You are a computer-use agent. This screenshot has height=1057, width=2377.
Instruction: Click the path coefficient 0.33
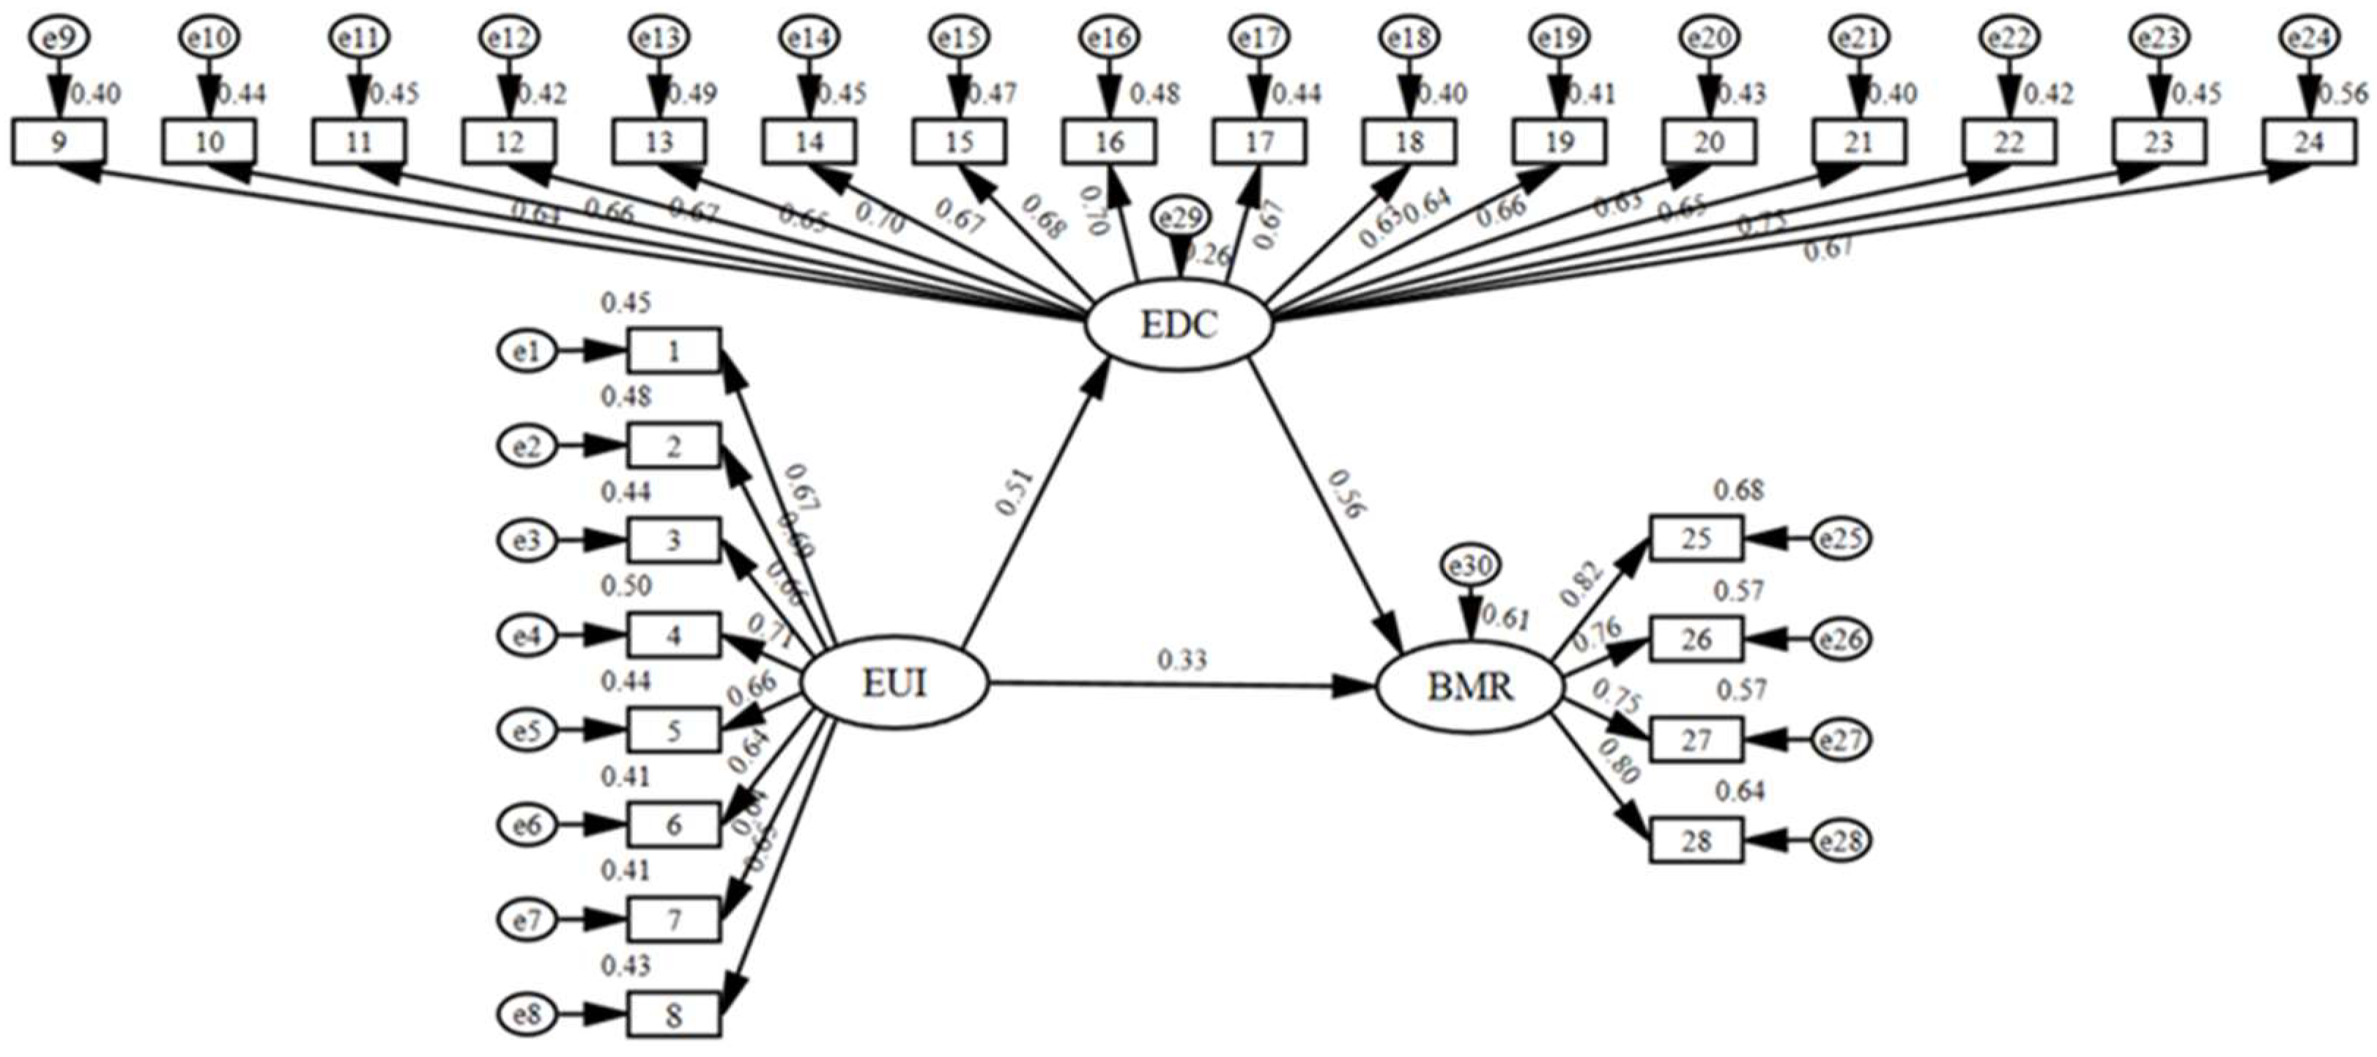coord(1182,661)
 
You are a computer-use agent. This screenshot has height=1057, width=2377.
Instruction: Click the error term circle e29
coord(1181,218)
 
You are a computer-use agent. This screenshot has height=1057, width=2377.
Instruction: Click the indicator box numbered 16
coord(1108,142)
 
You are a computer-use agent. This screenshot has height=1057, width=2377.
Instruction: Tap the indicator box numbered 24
coord(2308,142)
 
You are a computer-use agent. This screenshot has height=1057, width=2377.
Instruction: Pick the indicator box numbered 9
coord(58,142)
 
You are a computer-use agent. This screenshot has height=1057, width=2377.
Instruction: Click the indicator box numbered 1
coord(674,351)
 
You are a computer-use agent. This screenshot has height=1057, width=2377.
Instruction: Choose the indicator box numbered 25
coord(1696,538)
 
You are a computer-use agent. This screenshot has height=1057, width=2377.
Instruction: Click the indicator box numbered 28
coord(1696,841)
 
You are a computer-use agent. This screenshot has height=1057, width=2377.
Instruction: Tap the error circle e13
coord(659,38)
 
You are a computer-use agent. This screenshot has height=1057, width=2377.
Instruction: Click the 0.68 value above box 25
coord(1738,490)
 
